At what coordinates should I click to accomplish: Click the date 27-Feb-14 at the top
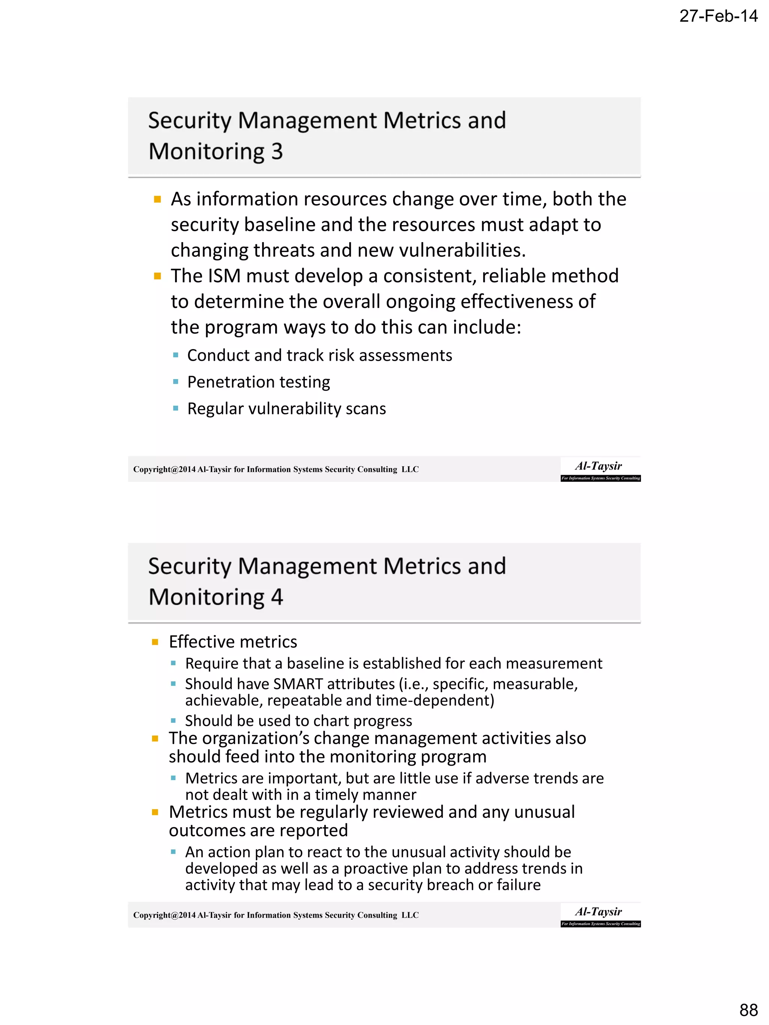[x=718, y=17]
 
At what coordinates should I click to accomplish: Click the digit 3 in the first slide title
[x=277, y=152]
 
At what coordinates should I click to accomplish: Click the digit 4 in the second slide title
[x=277, y=597]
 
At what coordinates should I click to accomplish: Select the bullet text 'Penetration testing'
[x=258, y=382]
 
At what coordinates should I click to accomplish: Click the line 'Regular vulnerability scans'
[x=286, y=409]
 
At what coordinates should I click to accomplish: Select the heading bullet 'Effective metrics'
[x=233, y=642]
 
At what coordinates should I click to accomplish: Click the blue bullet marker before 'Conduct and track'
[x=175, y=355]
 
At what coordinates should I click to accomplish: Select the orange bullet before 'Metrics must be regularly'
[x=155, y=812]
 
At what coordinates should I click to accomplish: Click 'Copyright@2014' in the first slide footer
[x=164, y=470]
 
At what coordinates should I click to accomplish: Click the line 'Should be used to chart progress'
[x=298, y=721]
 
